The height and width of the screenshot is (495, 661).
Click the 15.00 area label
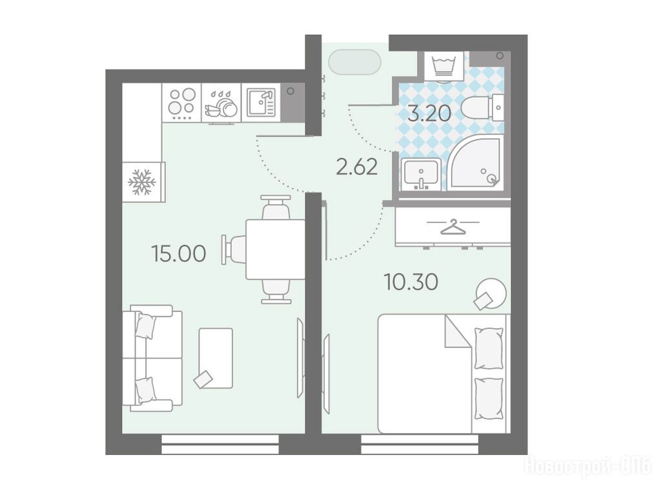pos(179,254)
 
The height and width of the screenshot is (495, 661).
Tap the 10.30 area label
pos(411,282)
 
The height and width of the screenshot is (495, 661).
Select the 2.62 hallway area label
pos(356,168)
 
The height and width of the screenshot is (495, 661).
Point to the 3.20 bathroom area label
pos(429,113)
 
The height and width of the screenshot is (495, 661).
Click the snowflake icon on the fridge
pos(141,182)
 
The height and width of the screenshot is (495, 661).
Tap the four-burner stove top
pos(182,102)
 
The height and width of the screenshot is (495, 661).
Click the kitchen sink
pos(261,102)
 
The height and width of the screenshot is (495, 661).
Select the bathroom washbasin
pos(421,174)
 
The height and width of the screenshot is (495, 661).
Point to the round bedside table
pos(491,293)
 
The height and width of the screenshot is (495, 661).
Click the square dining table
pos(275,249)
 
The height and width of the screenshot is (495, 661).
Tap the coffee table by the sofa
pos(216,358)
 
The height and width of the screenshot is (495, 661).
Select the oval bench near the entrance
pos(355,63)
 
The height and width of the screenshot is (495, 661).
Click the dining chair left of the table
pos(234,249)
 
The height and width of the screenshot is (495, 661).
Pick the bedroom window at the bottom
pos(420,445)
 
